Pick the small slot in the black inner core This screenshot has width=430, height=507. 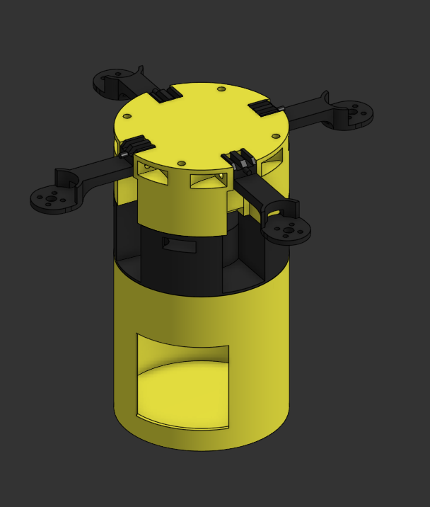coord(180,245)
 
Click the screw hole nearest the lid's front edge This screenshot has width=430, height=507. coord(182,163)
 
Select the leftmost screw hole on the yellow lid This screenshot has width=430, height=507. coord(127,116)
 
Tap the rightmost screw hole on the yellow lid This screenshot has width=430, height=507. coord(276,136)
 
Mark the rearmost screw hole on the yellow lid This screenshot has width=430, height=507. coord(221,89)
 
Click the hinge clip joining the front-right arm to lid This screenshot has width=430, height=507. coord(239,161)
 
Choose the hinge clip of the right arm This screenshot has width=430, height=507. coord(265,108)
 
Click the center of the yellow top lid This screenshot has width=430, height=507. coord(201,124)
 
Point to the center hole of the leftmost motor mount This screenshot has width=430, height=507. coord(52,199)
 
